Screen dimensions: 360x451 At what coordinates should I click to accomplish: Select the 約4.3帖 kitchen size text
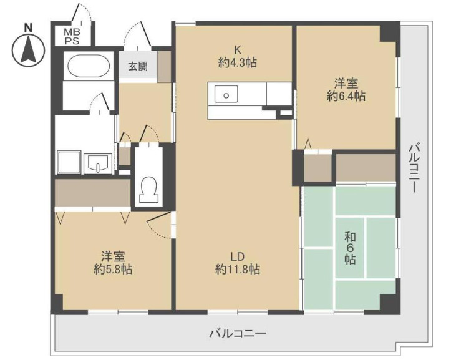[238, 63]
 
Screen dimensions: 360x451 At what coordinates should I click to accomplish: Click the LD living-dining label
[237, 256]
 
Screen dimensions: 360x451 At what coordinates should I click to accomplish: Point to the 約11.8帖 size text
[237, 270]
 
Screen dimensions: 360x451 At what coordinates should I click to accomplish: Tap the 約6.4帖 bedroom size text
[347, 96]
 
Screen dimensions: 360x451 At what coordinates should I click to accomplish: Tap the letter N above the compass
[27, 26]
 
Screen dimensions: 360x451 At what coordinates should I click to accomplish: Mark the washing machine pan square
[69, 163]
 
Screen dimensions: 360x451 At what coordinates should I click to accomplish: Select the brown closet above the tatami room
[366, 167]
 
